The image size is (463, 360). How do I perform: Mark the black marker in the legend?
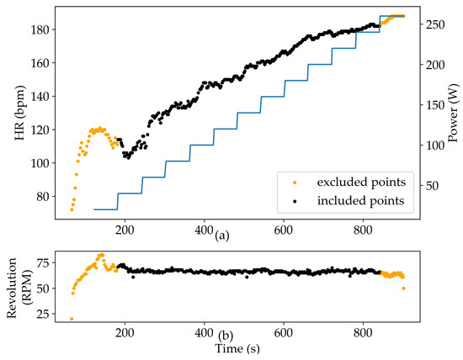click(x=293, y=200)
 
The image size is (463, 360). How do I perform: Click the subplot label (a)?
click(x=221, y=236)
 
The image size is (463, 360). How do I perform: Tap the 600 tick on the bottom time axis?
click(x=284, y=332)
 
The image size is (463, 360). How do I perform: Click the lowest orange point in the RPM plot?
click(x=72, y=319)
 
